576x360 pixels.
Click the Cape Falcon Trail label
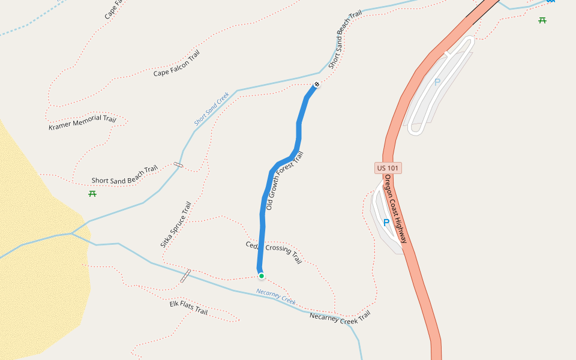tap(176, 64)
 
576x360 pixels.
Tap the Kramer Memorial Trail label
tap(82, 122)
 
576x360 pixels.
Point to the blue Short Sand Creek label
tap(212, 109)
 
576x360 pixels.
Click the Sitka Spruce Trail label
tap(175, 224)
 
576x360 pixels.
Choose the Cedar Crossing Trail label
tap(274, 253)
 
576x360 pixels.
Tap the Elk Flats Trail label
tap(188, 308)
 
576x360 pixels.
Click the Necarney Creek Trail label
tap(340, 317)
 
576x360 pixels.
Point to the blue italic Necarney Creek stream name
tap(276, 296)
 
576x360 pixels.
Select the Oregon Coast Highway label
tap(396, 209)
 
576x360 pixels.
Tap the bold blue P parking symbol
tap(386, 223)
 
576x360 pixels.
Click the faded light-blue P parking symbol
tap(437, 83)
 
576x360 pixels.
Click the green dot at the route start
tap(262, 276)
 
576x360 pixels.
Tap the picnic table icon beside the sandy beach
tap(92, 193)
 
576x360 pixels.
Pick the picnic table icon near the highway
tap(542, 20)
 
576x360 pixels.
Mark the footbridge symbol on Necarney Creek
tap(185, 276)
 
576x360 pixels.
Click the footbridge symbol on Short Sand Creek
tap(178, 164)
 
